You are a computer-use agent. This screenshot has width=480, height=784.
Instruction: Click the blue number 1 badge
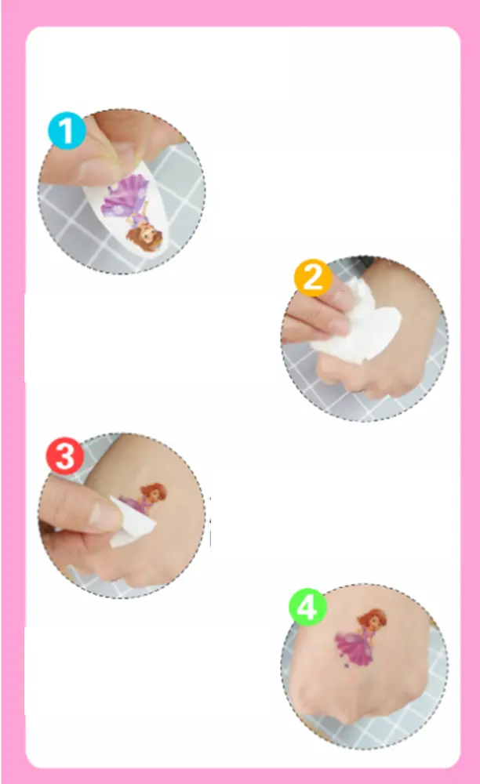(67, 130)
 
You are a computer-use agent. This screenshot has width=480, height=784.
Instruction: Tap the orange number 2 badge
(313, 278)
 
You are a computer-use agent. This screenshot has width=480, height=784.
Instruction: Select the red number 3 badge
(65, 456)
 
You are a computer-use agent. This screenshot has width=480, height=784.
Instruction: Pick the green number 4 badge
(307, 607)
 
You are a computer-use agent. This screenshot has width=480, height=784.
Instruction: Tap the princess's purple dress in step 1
(125, 198)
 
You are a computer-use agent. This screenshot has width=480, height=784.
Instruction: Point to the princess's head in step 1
(141, 235)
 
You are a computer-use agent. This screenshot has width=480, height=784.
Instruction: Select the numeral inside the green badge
(307, 608)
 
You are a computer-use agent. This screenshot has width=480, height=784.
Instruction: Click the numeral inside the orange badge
(313, 278)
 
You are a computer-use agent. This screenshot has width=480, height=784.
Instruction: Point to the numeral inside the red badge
(65, 456)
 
